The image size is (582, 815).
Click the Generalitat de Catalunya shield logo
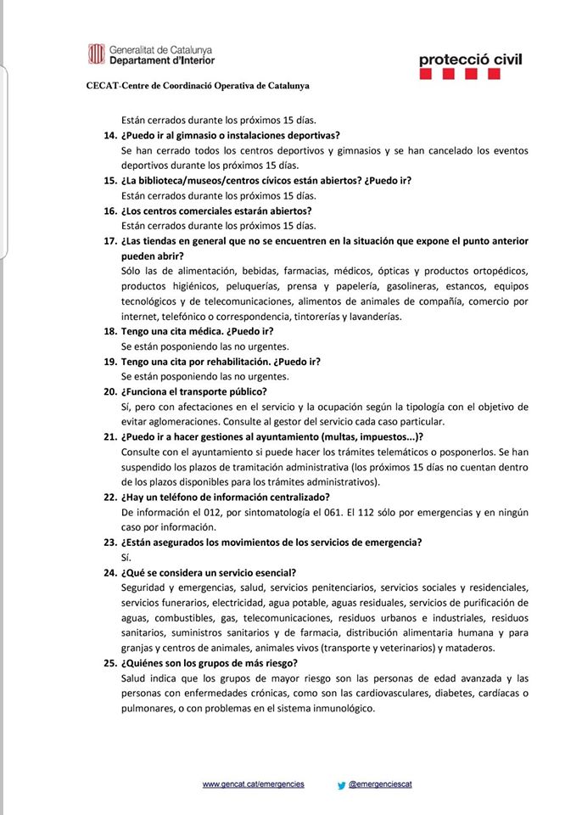(x=96, y=55)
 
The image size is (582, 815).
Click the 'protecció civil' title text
(x=470, y=59)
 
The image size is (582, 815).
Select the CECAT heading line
(x=198, y=86)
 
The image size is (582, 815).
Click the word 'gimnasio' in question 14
(x=199, y=136)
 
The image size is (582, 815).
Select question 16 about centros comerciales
(x=216, y=211)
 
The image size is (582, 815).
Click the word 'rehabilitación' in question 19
(x=251, y=362)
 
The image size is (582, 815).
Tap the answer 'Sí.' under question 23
(x=126, y=557)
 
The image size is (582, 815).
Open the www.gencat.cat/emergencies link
(x=253, y=784)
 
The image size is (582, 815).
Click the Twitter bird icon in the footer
(x=341, y=785)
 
